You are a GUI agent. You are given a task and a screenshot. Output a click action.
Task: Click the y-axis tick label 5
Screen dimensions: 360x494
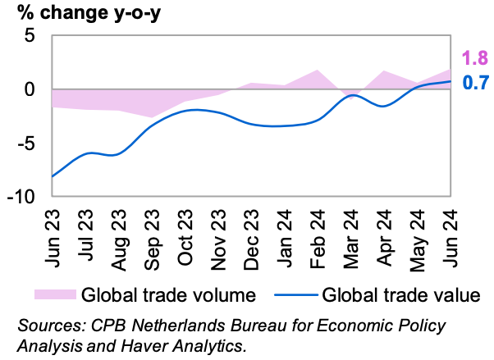click(x=31, y=36)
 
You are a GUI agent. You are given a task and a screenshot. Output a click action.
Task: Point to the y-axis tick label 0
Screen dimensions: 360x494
click(x=31, y=89)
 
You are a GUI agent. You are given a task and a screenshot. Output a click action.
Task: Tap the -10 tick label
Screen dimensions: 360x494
click(x=23, y=196)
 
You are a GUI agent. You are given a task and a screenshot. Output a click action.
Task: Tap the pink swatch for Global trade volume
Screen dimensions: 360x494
click(x=55, y=294)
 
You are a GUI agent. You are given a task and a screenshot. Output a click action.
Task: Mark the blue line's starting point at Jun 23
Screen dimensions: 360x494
click(x=53, y=176)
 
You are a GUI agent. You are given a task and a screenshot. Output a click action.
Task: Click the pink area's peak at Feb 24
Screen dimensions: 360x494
click(x=318, y=70)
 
